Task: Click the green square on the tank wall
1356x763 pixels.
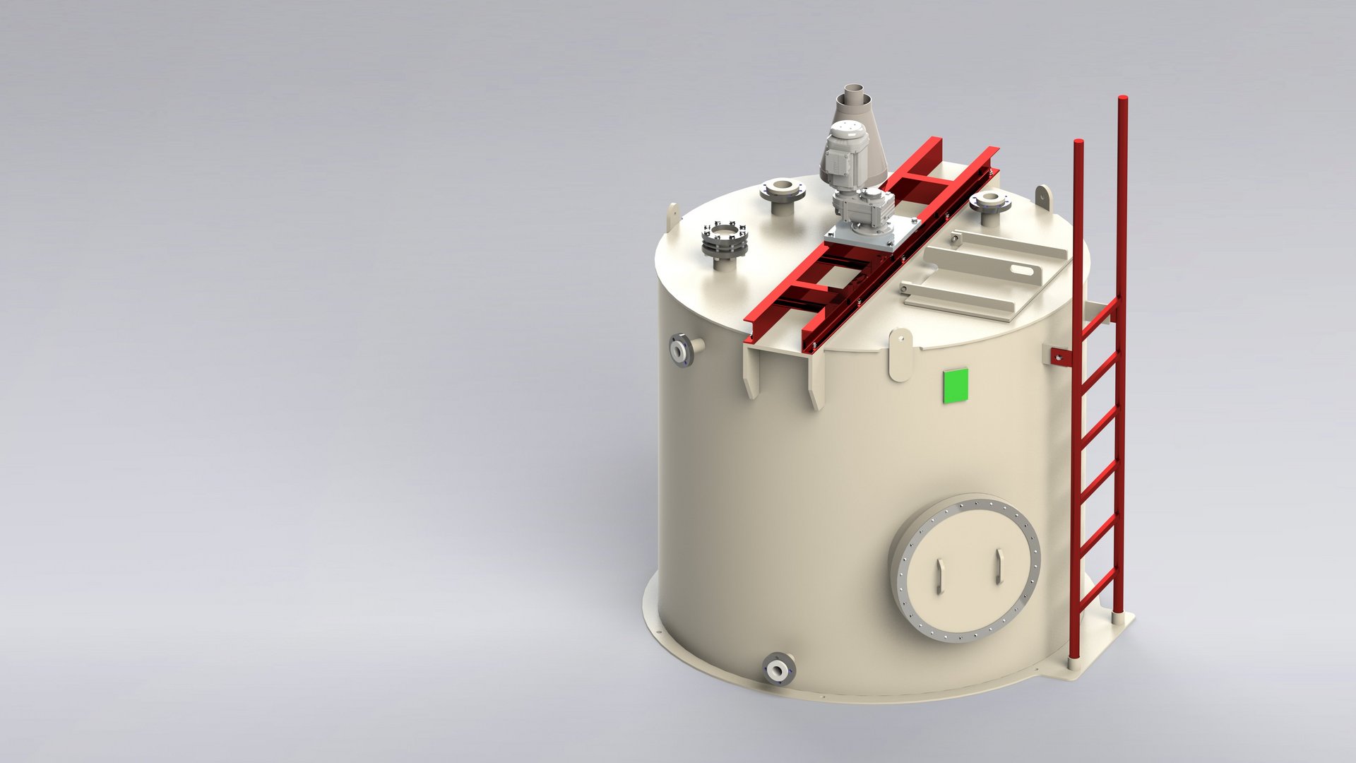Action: tap(956, 386)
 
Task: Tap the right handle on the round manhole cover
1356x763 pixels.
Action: tap(999, 566)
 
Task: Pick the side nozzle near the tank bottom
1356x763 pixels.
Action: tap(778, 667)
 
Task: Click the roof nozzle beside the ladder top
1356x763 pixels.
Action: tap(989, 202)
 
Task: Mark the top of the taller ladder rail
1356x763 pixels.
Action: tap(1122, 100)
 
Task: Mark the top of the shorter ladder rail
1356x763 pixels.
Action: tap(1078, 143)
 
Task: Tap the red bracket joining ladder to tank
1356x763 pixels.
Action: tap(1059, 357)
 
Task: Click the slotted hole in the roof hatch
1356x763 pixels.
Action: tap(1020, 268)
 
